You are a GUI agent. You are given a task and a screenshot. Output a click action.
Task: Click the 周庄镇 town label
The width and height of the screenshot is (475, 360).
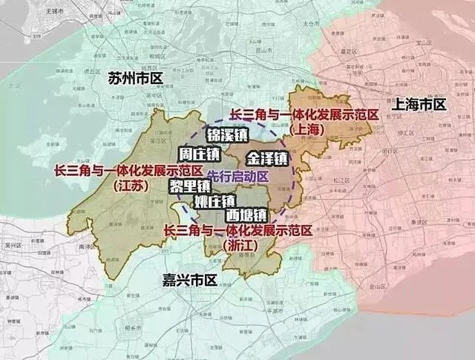coord(200,154)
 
